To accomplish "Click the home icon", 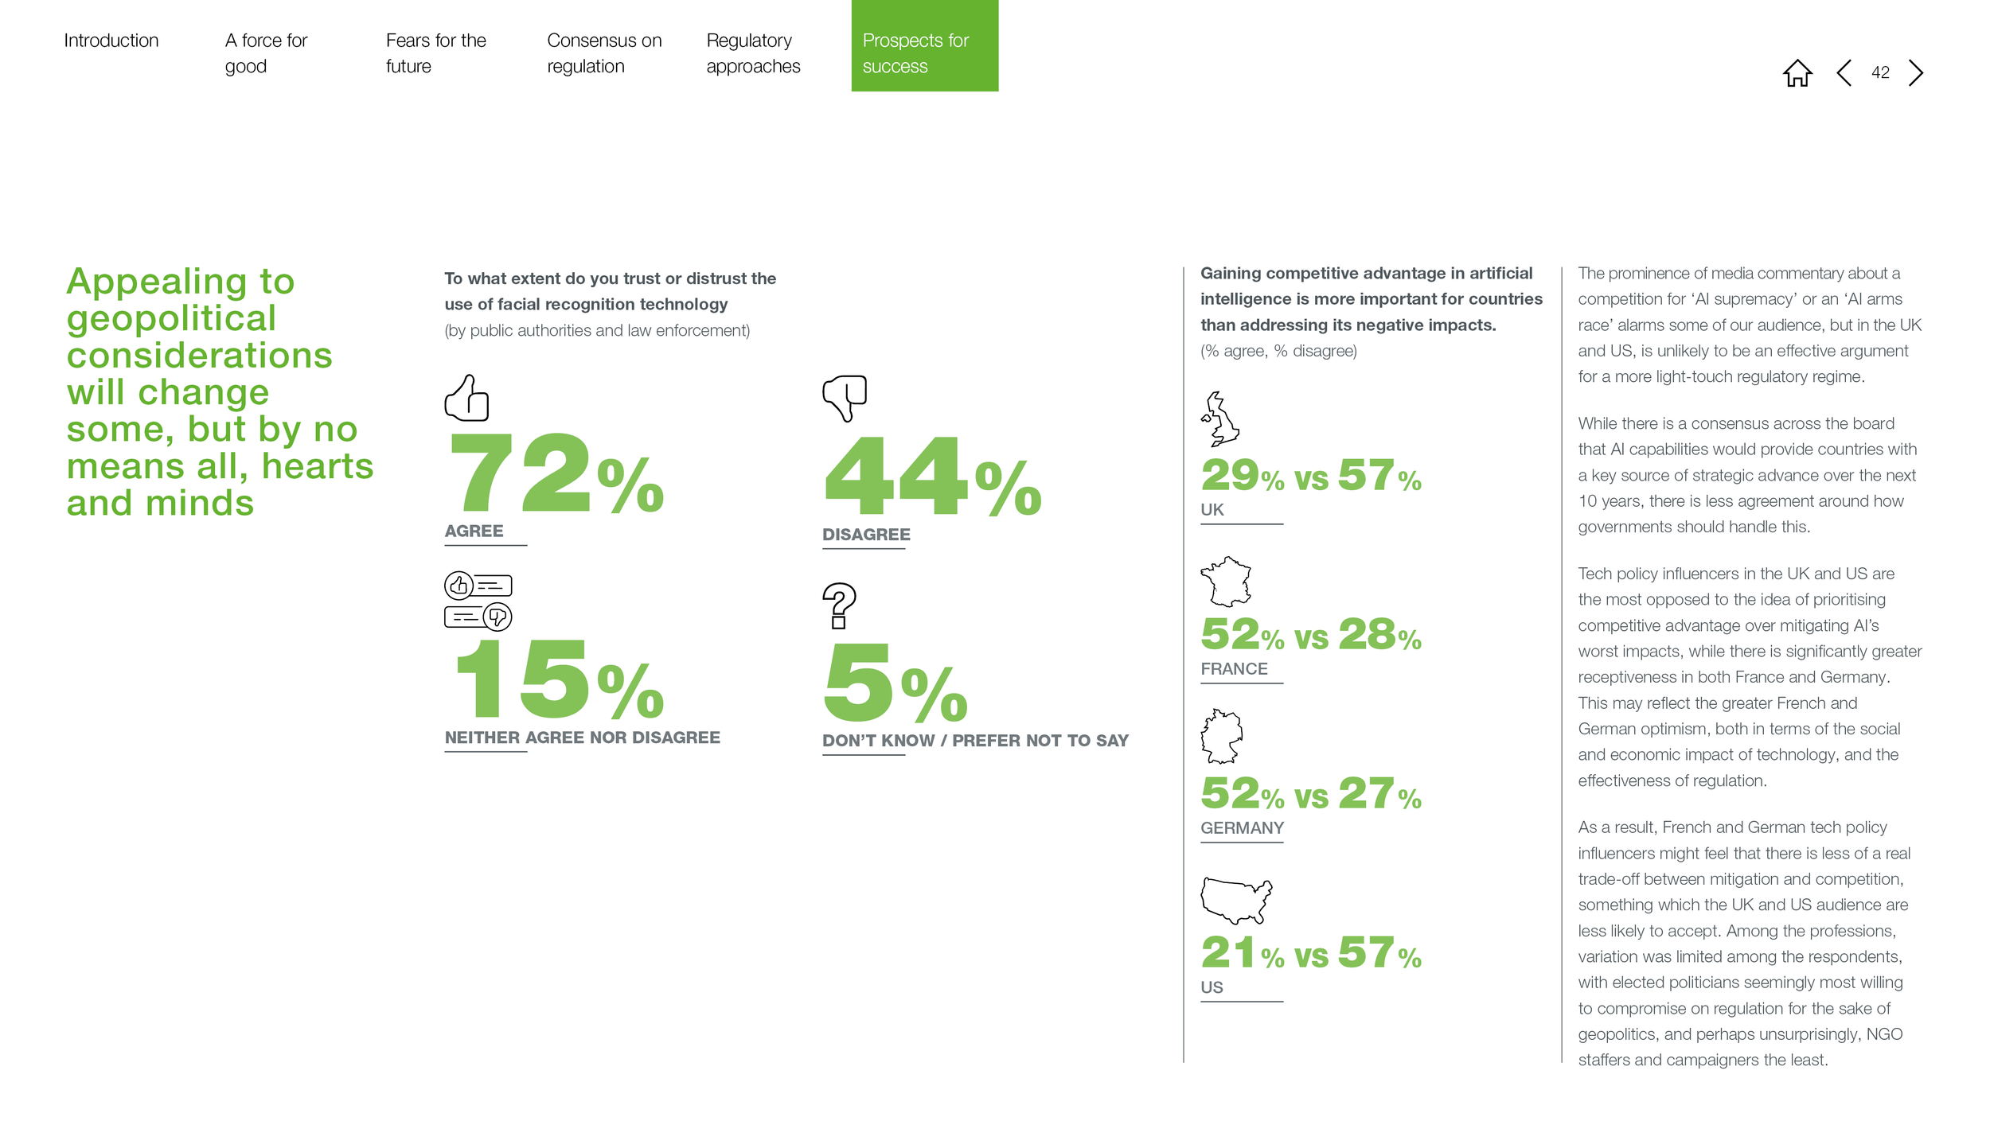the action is point(1797,73).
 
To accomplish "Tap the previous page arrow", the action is point(1844,72).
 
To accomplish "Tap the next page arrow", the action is point(1916,72).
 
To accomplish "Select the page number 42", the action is point(1880,72).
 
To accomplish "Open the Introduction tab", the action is point(111,41).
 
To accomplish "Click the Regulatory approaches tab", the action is point(753,53).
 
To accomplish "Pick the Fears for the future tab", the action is point(435,53).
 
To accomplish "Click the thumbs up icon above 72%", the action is point(466,398).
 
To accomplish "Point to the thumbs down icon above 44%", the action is point(844,398).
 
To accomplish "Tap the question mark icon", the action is point(838,605).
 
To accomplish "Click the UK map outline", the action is point(1220,418).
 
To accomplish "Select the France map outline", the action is point(1226,581).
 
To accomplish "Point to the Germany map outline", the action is point(1221,736).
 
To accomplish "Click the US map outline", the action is point(1236,901).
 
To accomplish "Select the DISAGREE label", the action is point(866,535).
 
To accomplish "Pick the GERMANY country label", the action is point(1242,828).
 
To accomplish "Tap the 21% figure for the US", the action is point(1243,952).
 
